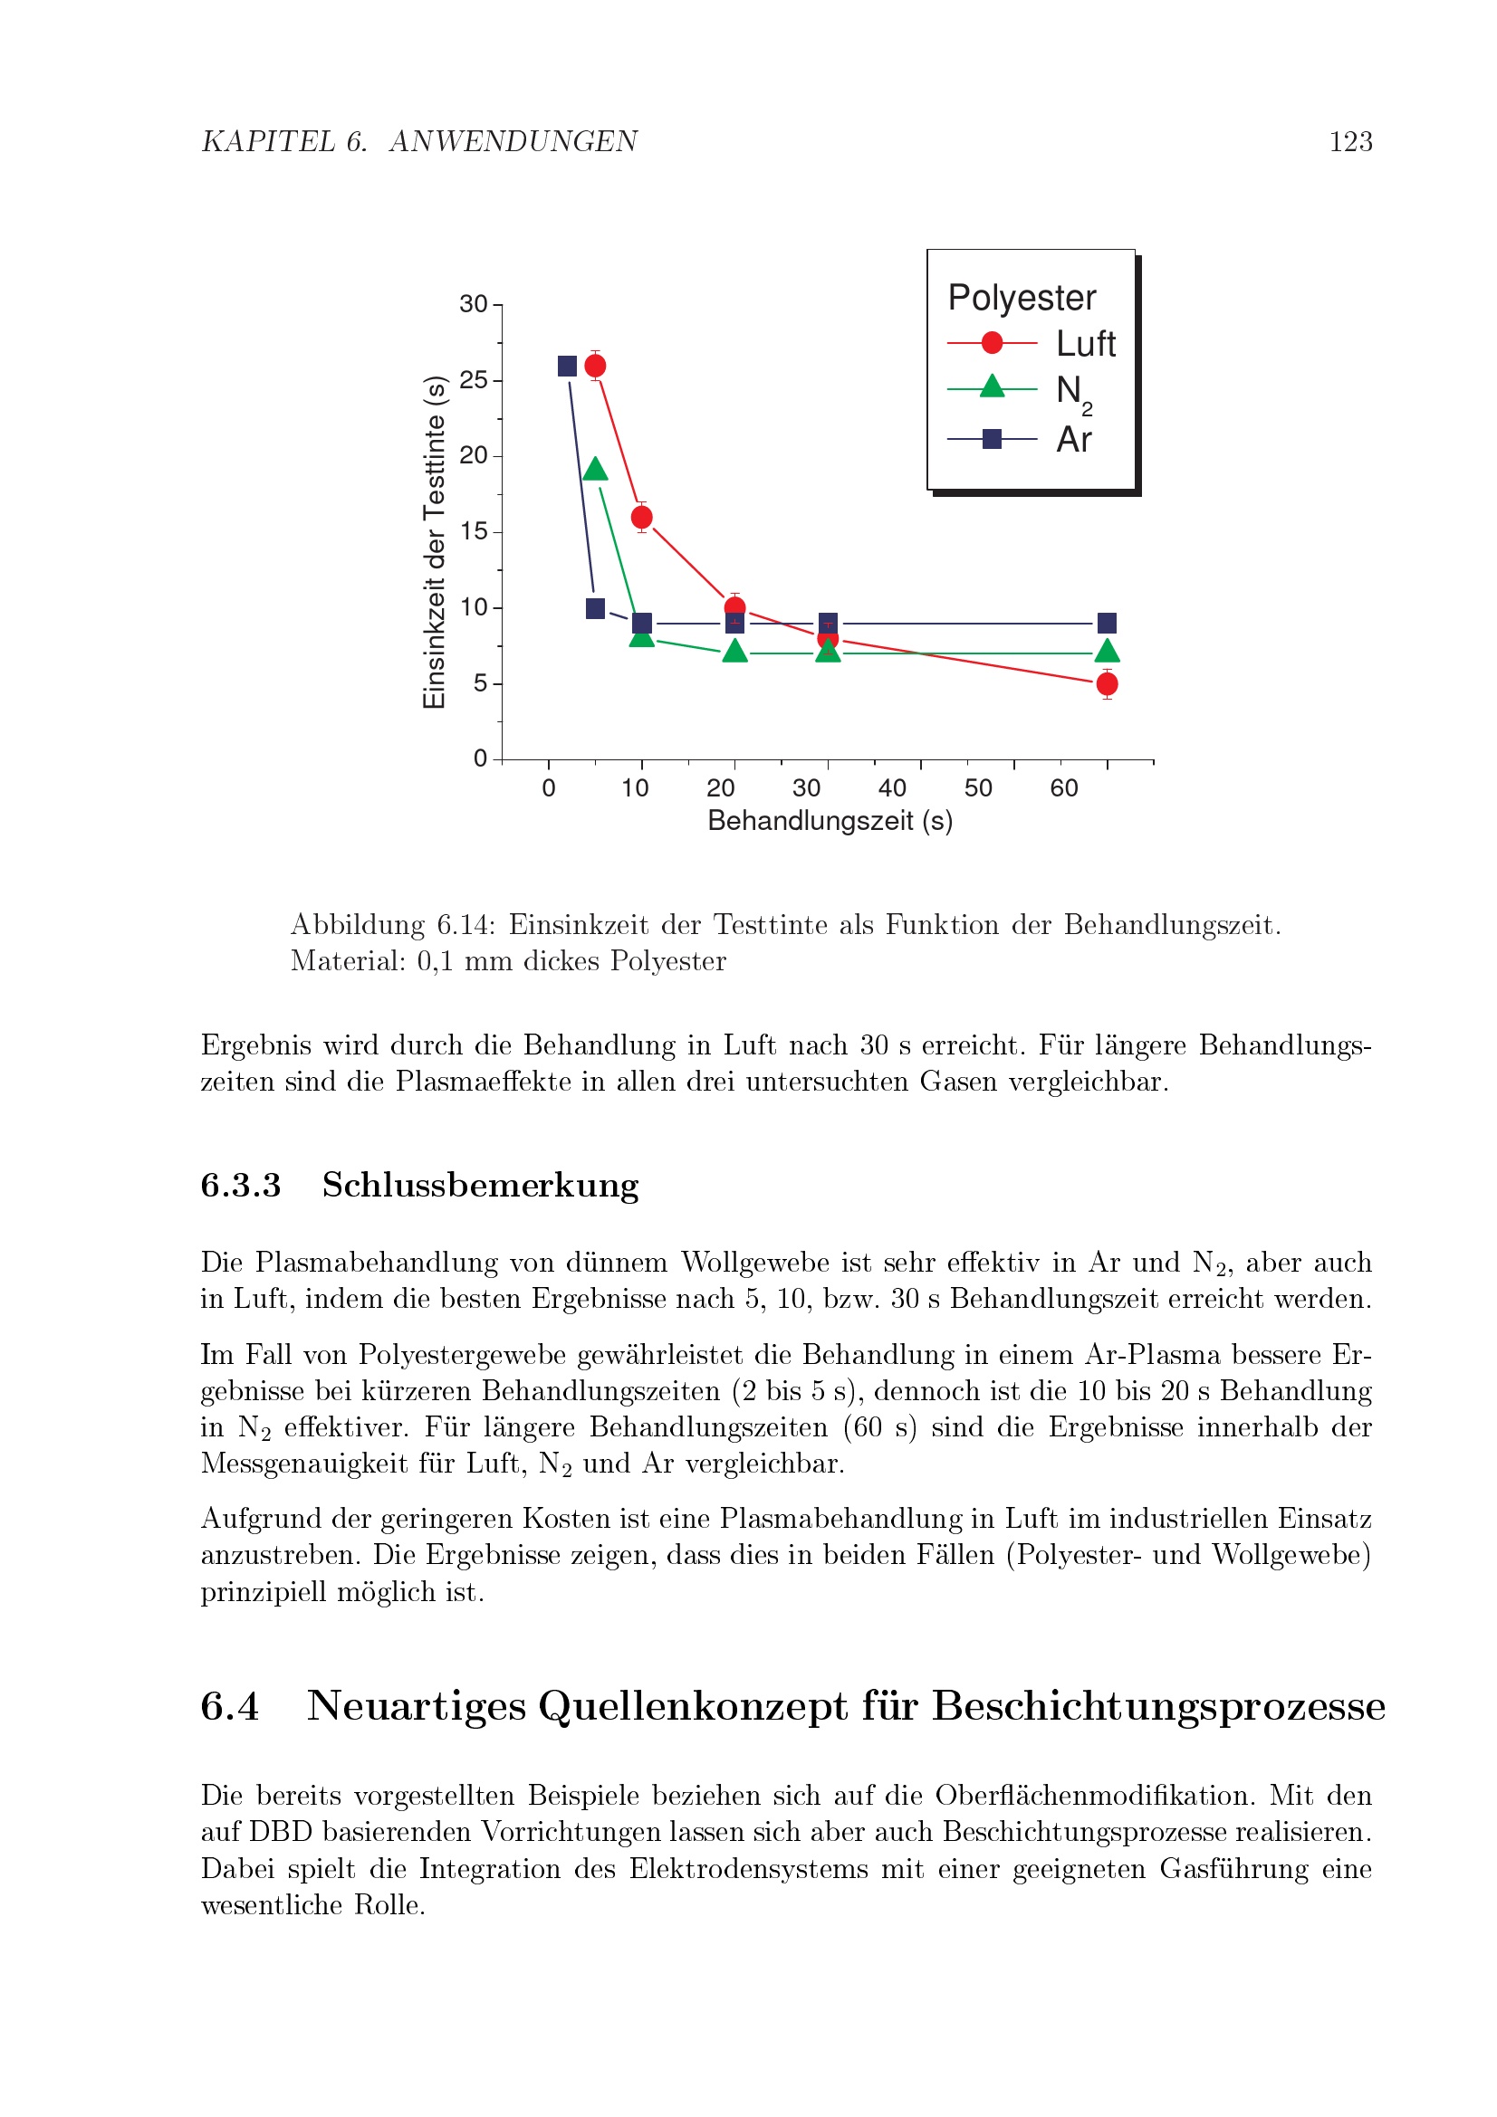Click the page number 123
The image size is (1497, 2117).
[x=1349, y=141]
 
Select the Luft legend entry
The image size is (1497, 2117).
[x=1085, y=344]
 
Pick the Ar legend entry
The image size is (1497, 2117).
[x=1074, y=440]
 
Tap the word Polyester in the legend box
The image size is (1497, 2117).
[x=1021, y=298]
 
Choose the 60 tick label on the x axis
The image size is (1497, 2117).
[x=1063, y=788]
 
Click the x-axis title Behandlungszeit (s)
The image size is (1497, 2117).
[x=830, y=821]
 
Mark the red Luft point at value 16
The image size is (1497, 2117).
[x=642, y=518]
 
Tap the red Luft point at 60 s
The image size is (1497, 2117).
[x=1107, y=684]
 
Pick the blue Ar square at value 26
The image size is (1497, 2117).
[x=567, y=366]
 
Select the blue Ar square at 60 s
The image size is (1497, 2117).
[x=1107, y=624]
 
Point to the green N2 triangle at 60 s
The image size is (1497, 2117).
[x=1107, y=652]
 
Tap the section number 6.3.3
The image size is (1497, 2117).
[x=241, y=1185]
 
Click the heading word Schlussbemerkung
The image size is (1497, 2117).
[x=480, y=1185]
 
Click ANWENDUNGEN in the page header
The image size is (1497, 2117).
[x=513, y=141]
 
